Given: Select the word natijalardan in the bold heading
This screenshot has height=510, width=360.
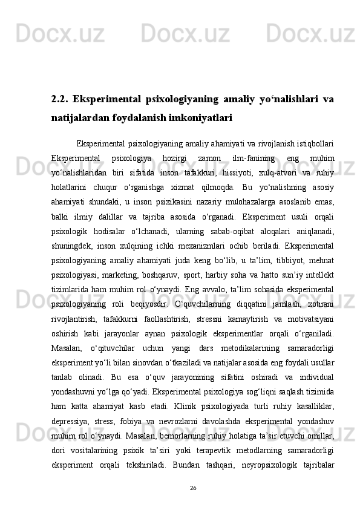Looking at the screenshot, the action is coord(78,119).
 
